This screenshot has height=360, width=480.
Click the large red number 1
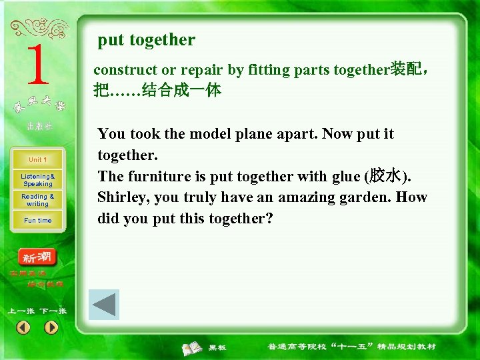38,65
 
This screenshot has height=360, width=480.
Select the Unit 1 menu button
37,160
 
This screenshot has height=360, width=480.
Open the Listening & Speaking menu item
37,180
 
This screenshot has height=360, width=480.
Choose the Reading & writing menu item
37,200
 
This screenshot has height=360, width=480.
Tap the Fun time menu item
37,221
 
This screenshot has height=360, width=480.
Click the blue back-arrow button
104,305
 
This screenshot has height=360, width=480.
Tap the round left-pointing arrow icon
23,327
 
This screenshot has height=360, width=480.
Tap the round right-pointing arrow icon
51,327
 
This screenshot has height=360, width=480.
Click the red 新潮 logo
37,257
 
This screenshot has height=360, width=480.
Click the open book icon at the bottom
193,347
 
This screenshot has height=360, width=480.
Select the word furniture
159,176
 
